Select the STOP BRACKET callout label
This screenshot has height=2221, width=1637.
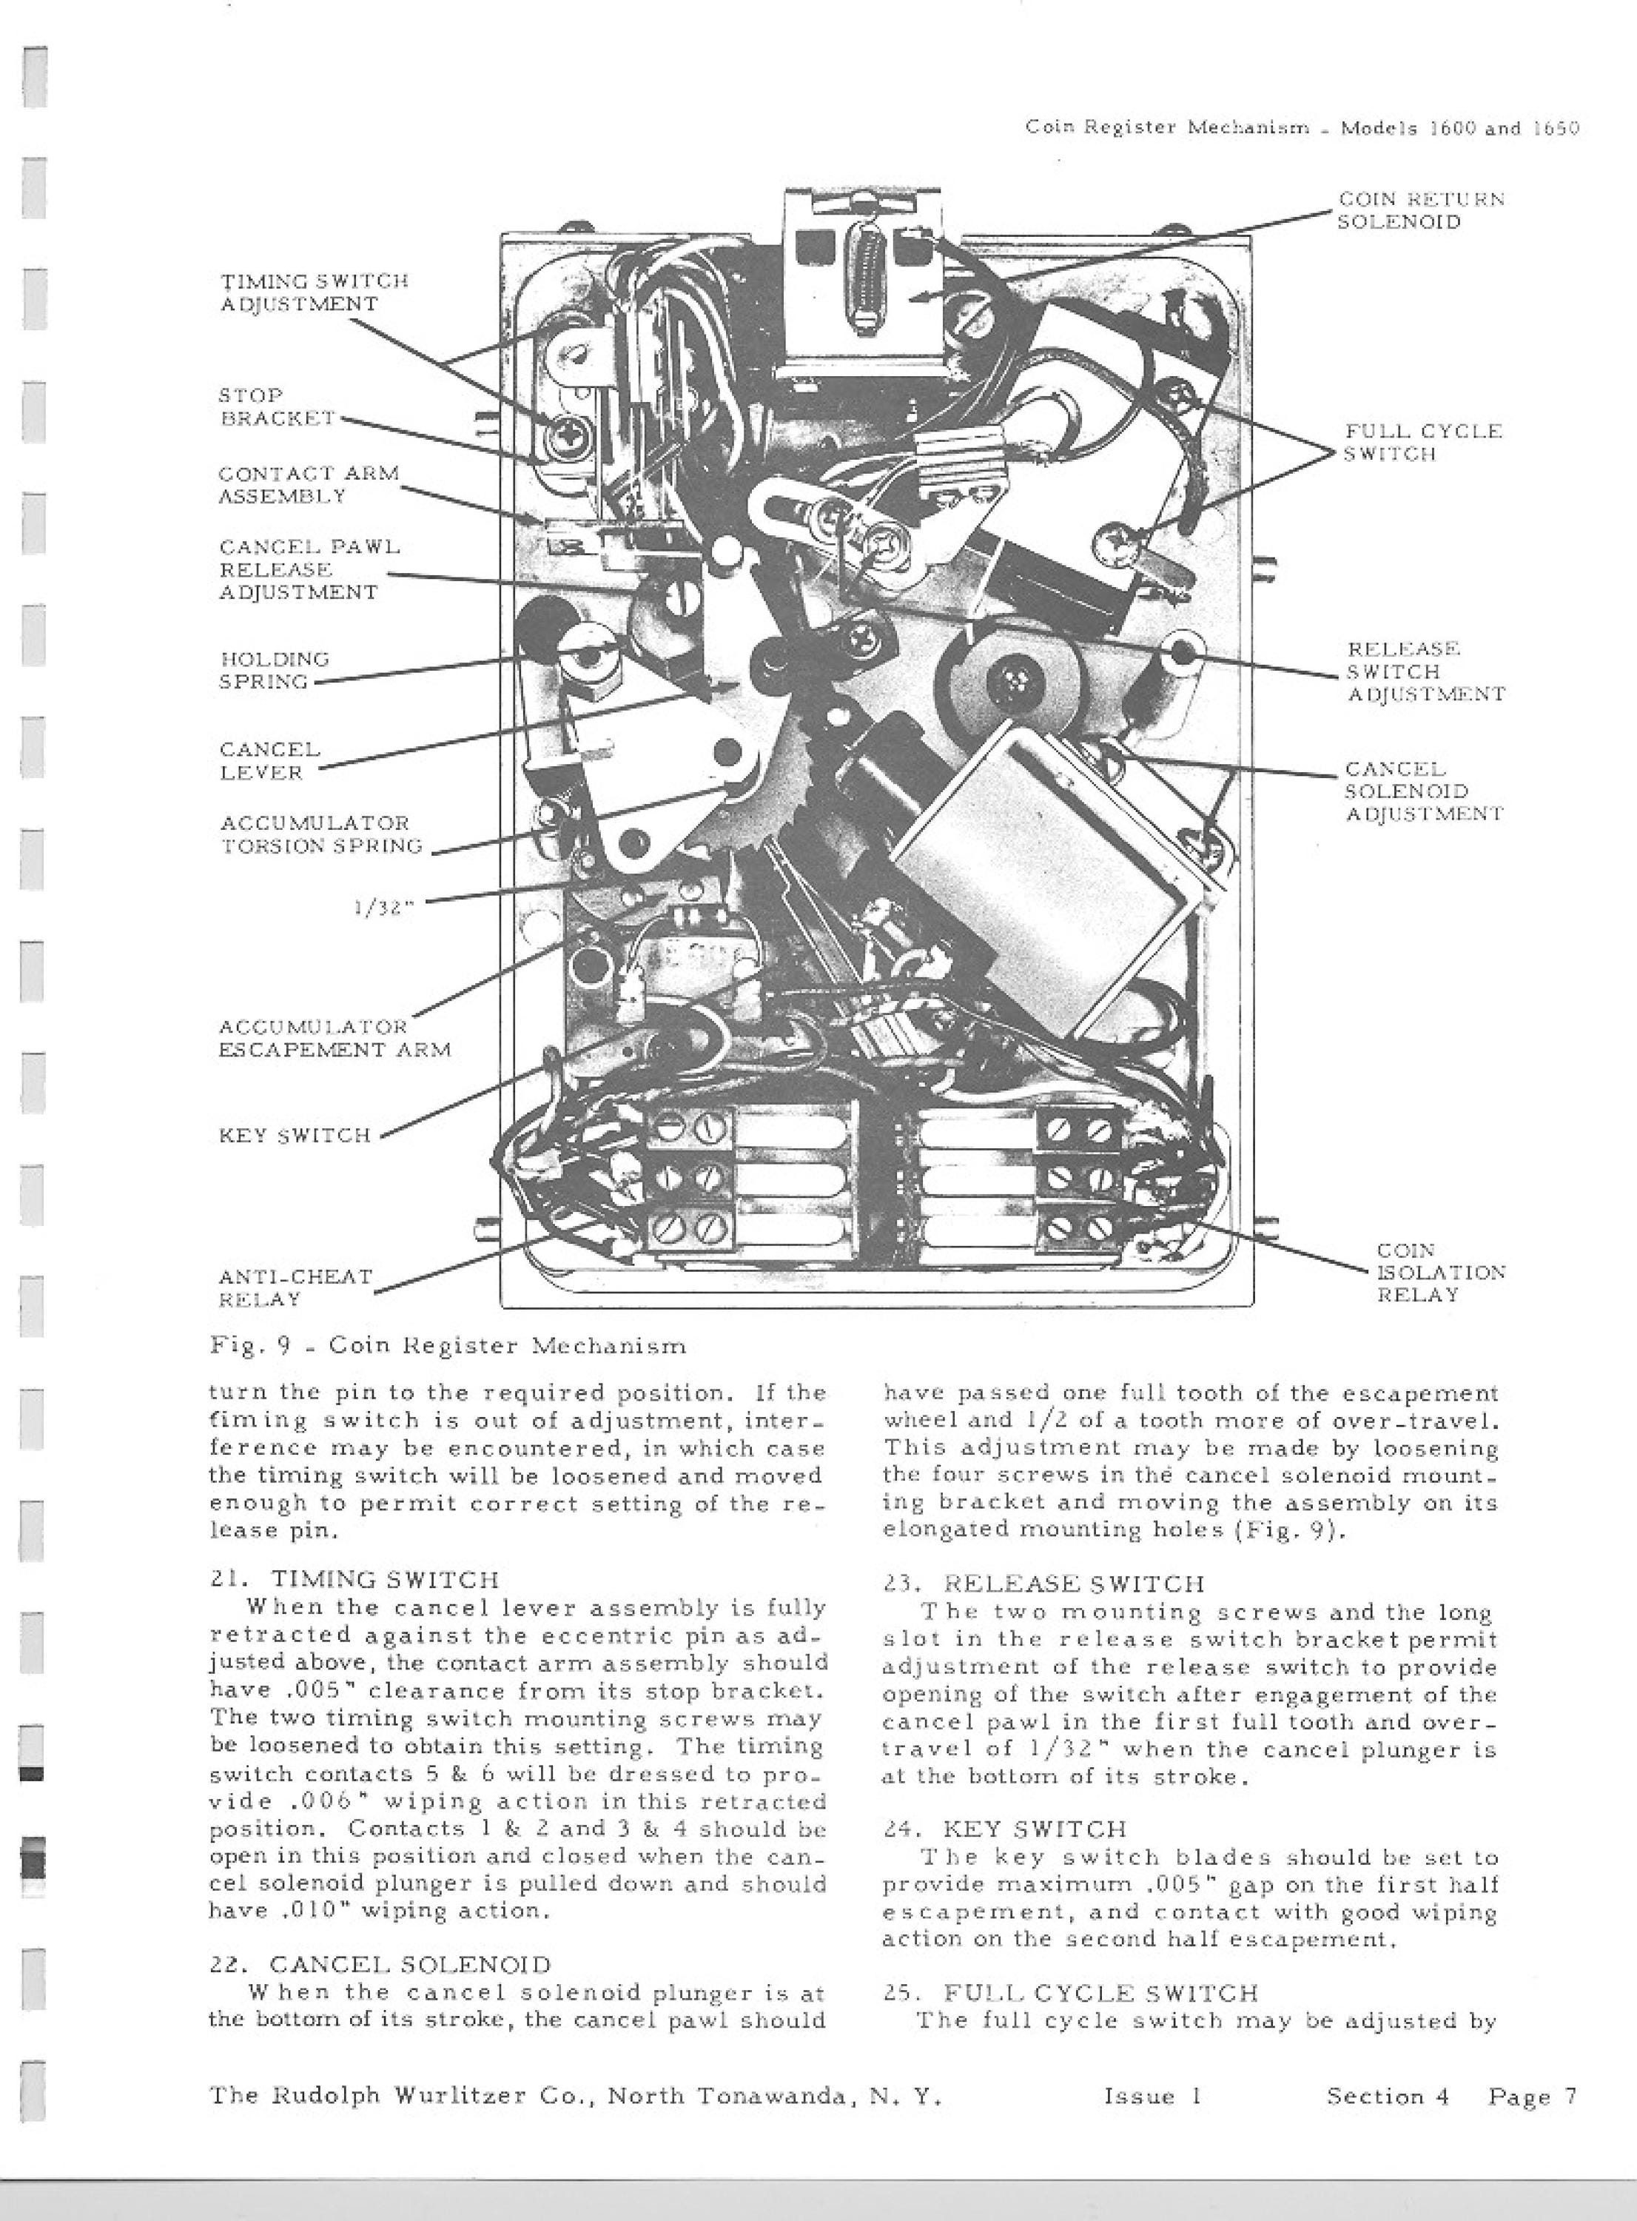coord(277,406)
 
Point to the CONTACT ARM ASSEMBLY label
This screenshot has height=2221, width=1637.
coord(308,485)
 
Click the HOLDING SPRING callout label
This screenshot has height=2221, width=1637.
coord(274,670)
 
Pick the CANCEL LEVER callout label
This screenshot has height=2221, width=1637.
coord(269,760)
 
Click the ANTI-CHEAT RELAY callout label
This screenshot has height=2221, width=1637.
coord(295,1287)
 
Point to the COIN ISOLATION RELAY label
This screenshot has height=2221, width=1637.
coord(1441,1273)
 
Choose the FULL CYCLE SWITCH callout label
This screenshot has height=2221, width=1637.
coord(1423,442)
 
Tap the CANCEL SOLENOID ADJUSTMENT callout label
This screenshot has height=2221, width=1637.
coord(1424,791)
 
